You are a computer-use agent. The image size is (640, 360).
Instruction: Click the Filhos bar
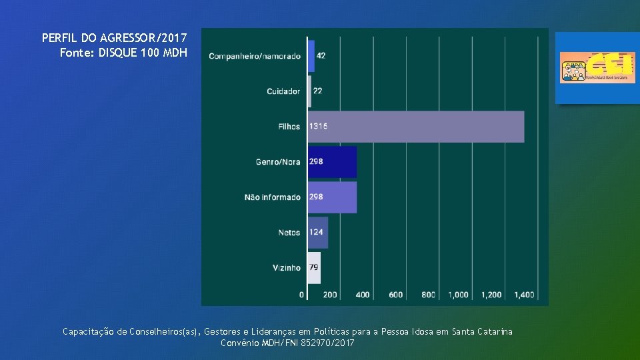pyautogui.click(x=415, y=127)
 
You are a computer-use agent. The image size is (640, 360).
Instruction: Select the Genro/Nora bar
pyautogui.click(x=332, y=162)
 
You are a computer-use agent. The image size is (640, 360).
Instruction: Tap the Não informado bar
pyautogui.click(x=332, y=197)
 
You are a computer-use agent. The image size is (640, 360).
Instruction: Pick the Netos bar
pyautogui.click(x=318, y=233)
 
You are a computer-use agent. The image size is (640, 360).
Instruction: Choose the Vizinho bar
pyautogui.click(x=314, y=267)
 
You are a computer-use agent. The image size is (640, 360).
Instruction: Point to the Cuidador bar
pyautogui.click(x=309, y=91)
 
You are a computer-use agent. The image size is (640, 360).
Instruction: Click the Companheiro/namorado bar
pyautogui.click(x=311, y=56)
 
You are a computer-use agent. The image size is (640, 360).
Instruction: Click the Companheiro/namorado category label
pyautogui.click(x=255, y=56)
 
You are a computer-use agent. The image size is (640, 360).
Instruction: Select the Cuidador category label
pyautogui.click(x=283, y=91)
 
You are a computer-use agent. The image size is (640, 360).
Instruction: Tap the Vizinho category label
pyautogui.click(x=287, y=268)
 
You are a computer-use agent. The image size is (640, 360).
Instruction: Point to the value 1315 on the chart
pyautogui.click(x=318, y=127)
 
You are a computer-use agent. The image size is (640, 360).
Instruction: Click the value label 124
pyautogui.click(x=316, y=233)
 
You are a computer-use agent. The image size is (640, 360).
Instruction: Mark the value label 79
pyautogui.click(x=313, y=268)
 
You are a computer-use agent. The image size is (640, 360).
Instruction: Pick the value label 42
pyautogui.click(x=321, y=56)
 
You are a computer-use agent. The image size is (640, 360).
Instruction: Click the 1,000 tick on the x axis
pyautogui.click(x=458, y=295)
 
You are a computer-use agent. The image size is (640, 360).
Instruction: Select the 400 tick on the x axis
pyautogui.click(x=363, y=295)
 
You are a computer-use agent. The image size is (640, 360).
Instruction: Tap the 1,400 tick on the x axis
pyautogui.click(x=525, y=295)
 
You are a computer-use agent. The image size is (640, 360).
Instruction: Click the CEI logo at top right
pyautogui.click(x=588, y=67)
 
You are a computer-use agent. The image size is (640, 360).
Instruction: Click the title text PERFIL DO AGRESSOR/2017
pyautogui.click(x=114, y=38)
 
